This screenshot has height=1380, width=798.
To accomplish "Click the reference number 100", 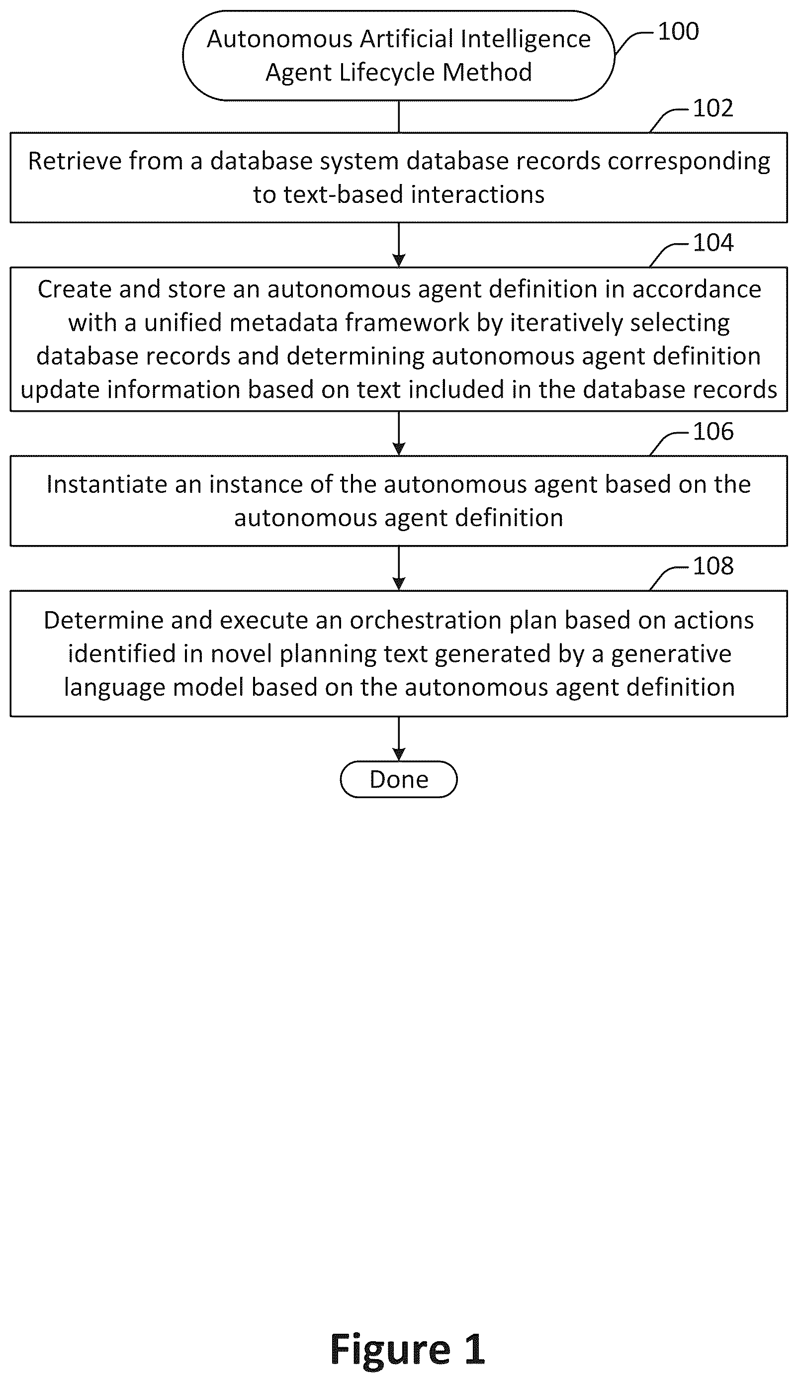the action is (x=678, y=31).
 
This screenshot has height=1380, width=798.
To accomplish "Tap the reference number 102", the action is (x=713, y=108).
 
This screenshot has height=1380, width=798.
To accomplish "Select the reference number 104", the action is (x=713, y=242).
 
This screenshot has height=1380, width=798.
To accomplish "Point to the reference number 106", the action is (x=713, y=431).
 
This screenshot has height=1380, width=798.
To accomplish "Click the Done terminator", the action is (x=398, y=779).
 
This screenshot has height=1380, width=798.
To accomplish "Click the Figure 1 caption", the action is (x=408, y=1348).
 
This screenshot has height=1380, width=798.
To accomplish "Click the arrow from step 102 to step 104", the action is (x=399, y=244).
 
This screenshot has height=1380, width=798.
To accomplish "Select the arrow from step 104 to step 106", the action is (x=399, y=433).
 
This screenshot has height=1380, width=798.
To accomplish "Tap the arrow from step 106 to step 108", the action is (x=399, y=568).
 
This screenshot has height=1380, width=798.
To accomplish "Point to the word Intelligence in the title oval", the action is (x=526, y=39).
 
